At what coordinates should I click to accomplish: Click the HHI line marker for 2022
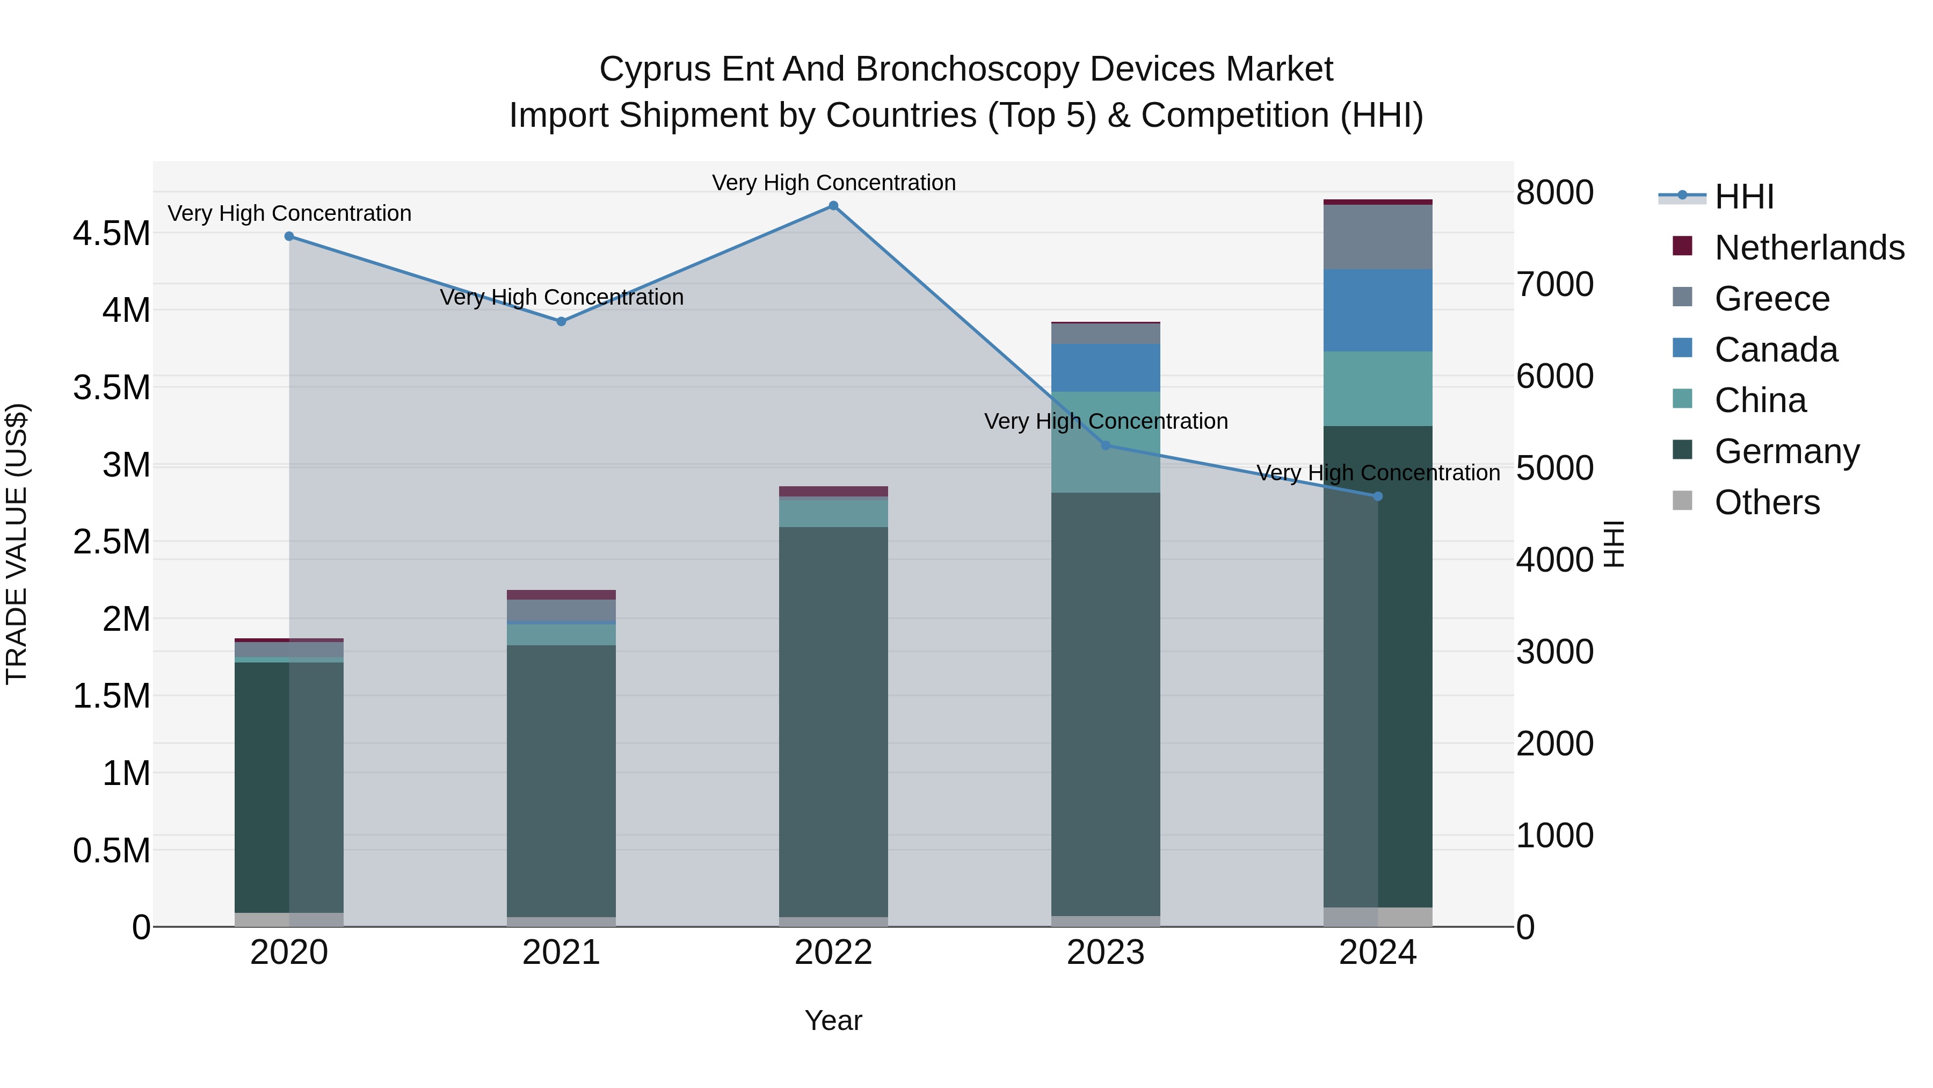(x=833, y=206)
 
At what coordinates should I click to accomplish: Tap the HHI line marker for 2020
(x=289, y=236)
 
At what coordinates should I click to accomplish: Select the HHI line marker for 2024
(x=1378, y=496)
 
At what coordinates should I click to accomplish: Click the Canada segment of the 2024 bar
(x=1378, y=310)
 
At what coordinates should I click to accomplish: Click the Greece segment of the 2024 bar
(x=1378, y=236)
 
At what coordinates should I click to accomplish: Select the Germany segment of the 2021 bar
(x=561, y=781)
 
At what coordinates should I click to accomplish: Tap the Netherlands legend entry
(x=1808, y=248)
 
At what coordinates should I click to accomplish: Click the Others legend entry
(x=1767, y=502)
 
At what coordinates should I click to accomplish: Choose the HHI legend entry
(x=1744, y=197)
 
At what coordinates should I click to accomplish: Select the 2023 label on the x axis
(x=1106, y=953)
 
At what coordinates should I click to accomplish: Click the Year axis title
(x=833, y=1020)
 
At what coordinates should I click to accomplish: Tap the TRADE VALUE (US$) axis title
(x=17, y=544)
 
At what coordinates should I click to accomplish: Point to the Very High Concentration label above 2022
(x=833, y=183)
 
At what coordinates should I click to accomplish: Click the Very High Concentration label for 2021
(x=561, y=297)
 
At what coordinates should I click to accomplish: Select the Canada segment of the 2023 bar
(x=1106, y=368)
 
